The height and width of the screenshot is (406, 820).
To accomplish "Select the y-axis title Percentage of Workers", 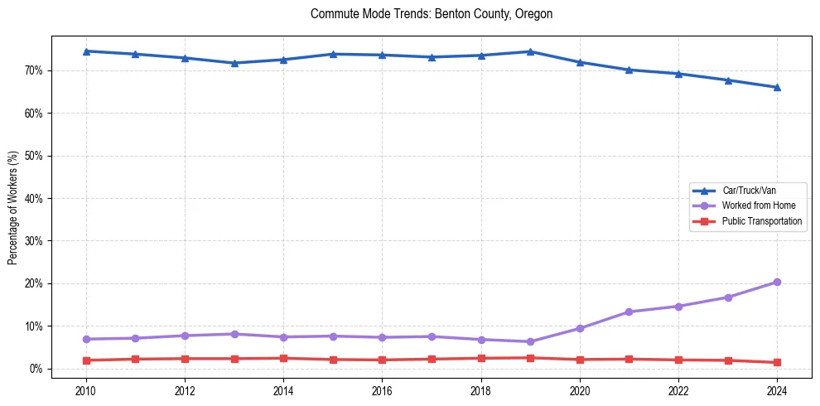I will (x=12, y=207).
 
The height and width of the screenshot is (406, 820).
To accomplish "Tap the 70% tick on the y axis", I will (x=35, y=70).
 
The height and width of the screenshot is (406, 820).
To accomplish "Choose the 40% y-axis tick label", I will (x=35, y=199).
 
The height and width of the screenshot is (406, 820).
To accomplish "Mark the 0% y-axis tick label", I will (x=37, y=369).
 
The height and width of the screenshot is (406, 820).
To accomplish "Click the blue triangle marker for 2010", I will (x=86, y=51).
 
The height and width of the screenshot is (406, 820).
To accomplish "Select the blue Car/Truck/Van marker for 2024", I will (x=777, y=87).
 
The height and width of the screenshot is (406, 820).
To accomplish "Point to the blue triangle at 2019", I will (x=530, y=51).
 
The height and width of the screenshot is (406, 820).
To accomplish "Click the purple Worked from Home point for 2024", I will (x=777, y=282).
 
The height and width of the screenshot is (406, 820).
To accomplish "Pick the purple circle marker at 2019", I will (x=530, y=341).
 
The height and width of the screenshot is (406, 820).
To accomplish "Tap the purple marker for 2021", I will (x=629, y=312).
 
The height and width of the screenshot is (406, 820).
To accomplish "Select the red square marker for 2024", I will (x=777, y=362).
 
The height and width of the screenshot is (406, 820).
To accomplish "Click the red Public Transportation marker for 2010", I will (x=86, y=360).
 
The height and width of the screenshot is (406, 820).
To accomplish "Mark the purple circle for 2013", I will (x=234, y=334).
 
